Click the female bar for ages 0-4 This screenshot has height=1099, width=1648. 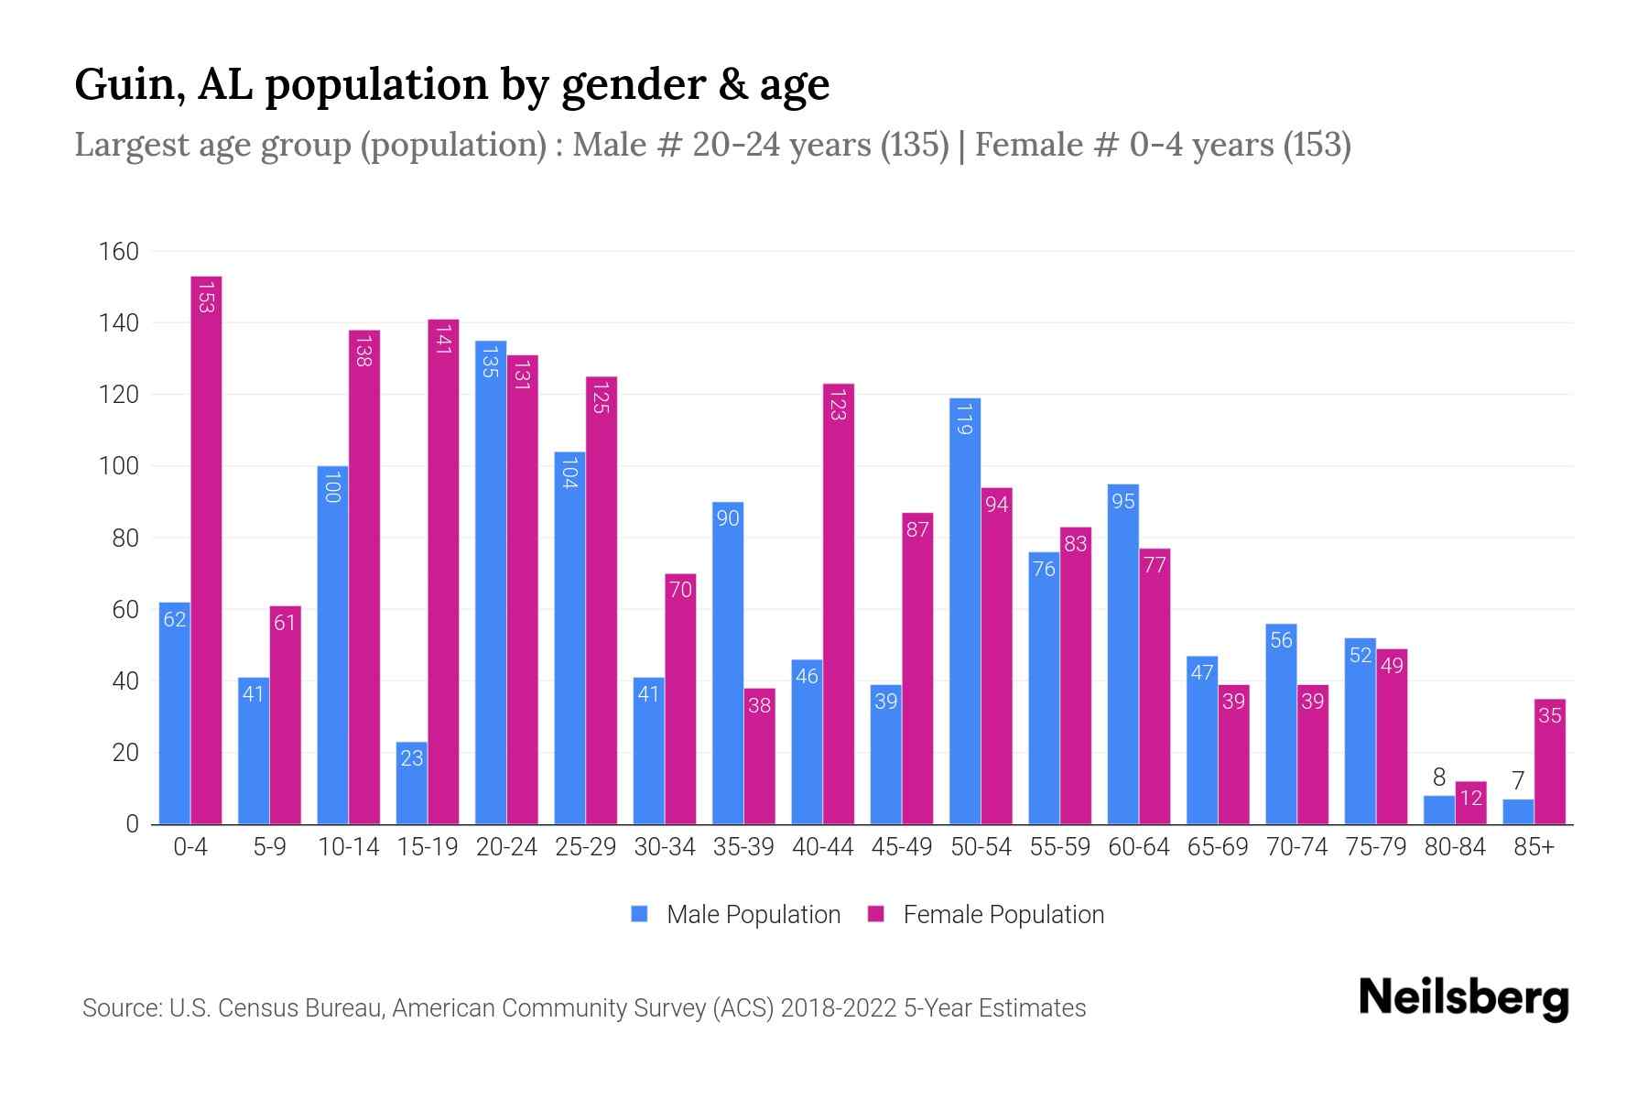206,549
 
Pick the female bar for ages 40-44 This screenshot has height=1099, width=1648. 838,604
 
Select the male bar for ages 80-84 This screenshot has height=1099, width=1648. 1439,811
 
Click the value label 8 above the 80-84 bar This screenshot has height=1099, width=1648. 1439,778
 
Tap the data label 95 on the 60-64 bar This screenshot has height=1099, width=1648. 1123,501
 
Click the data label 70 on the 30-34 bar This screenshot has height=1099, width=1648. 680,590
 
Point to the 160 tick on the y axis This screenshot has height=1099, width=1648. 119,252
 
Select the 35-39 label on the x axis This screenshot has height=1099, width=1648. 743,847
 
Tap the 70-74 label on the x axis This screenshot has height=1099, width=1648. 1296,847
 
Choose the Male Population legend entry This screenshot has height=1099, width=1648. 736,914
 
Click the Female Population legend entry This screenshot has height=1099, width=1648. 986,914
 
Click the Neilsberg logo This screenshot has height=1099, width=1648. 1463,998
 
